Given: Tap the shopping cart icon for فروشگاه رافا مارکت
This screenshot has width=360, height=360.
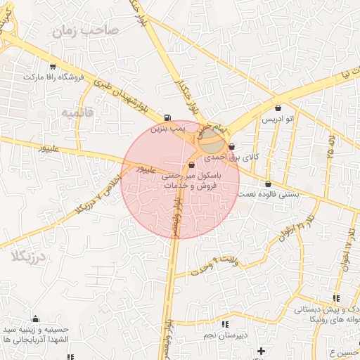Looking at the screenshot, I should [52, 67].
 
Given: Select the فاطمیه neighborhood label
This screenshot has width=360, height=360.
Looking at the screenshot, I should [77, 112].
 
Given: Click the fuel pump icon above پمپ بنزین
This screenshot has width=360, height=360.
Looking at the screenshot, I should [167, 118].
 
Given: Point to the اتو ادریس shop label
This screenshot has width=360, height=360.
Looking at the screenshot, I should [278, 120].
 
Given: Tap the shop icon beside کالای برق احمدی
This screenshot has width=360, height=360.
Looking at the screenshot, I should [231, 147].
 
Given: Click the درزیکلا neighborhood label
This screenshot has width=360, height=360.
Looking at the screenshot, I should [29, 257].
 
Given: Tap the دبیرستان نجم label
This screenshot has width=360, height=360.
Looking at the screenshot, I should [224, 335].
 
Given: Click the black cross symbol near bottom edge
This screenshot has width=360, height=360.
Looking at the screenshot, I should [261, 350].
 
